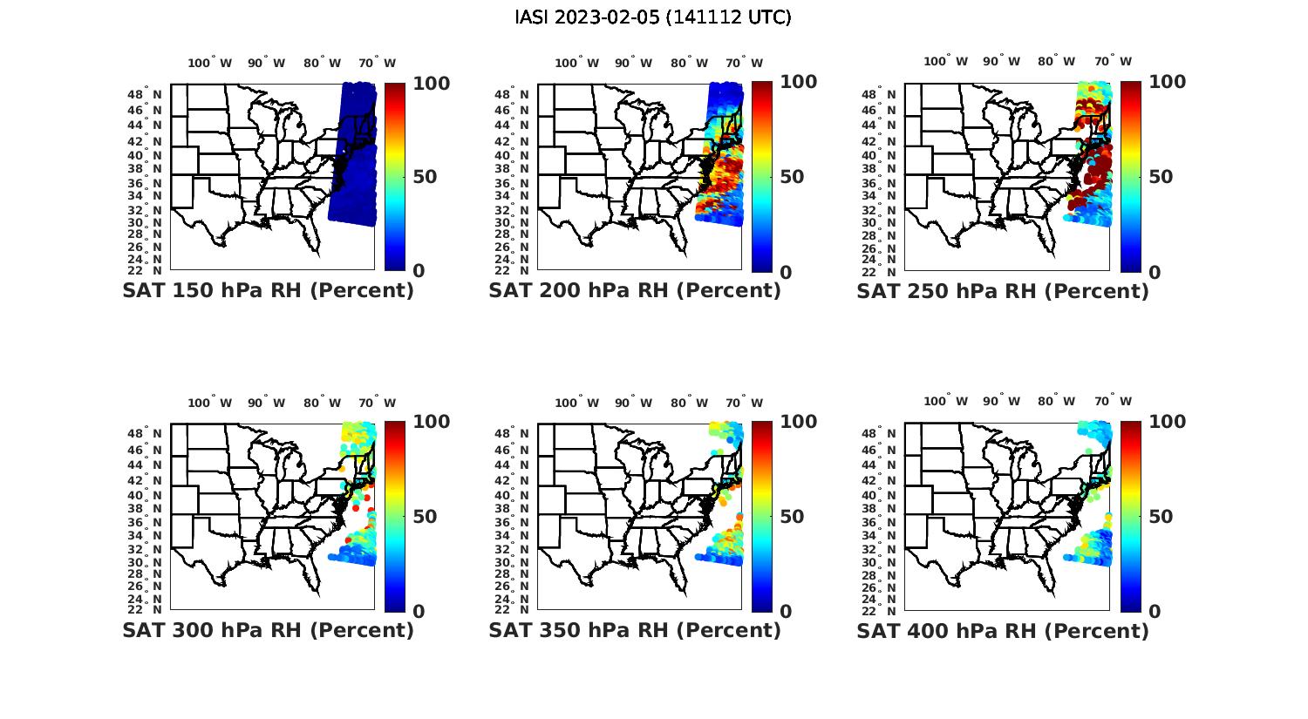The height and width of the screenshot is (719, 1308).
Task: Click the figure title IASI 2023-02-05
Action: click(653, 17)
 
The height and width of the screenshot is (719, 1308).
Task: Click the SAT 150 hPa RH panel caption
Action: click(268, 291)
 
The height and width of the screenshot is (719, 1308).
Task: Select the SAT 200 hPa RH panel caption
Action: click(635, 291)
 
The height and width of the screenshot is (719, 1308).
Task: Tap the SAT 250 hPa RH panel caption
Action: click(1003, 291)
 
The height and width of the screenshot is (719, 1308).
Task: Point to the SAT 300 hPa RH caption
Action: click(268, 630)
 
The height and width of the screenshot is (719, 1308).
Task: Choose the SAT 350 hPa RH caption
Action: click(635, 630)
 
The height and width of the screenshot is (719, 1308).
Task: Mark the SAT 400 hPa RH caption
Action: click(1003, 630)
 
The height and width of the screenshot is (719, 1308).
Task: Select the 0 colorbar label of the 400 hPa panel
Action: click(1155, 611)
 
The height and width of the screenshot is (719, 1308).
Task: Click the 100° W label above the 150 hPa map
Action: click(210, 63)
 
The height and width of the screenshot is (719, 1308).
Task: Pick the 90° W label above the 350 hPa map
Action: click(633, 403)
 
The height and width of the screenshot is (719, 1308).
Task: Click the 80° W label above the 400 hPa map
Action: click(1059, 402)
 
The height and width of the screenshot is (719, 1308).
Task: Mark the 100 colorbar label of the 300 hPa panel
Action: click(432, 422)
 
